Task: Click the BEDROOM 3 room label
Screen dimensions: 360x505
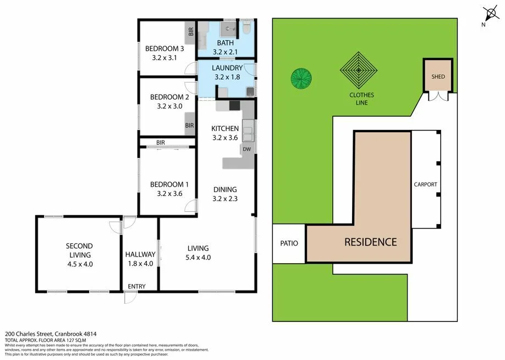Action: (x=164, y=48)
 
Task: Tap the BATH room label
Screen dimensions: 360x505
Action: (x=226, y=43)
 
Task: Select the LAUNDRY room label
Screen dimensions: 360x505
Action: (x=227, y=68)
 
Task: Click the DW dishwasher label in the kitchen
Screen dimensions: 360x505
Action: (x=247, y=149)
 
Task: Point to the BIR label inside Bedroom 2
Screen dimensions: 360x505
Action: (x=189, y=126)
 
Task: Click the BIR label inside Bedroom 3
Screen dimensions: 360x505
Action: (x=191, y=32)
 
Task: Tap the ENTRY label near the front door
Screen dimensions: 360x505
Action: (x=136, y=287)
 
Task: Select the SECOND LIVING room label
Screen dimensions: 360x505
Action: (x=79, y=250)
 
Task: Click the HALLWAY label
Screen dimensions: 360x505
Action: (x=140, y=254)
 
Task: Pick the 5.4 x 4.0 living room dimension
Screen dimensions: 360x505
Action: (x=198, y=257)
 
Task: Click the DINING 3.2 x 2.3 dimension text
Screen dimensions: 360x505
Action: (x=225, y=199)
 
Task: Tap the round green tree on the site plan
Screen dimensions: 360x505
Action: (x=301, y=79)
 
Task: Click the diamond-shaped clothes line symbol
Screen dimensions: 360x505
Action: (x=358, y=70)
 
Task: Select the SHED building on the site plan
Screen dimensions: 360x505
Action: (x=438, y=77)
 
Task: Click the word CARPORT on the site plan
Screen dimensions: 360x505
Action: (x=425, y=184)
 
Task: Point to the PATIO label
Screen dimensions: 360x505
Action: (x=289, y=243)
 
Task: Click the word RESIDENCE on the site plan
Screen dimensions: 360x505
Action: (x=370, y=242)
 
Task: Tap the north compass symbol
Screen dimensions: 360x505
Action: (x=488, y=13)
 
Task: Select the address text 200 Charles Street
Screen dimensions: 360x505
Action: (x=41, y=334)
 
